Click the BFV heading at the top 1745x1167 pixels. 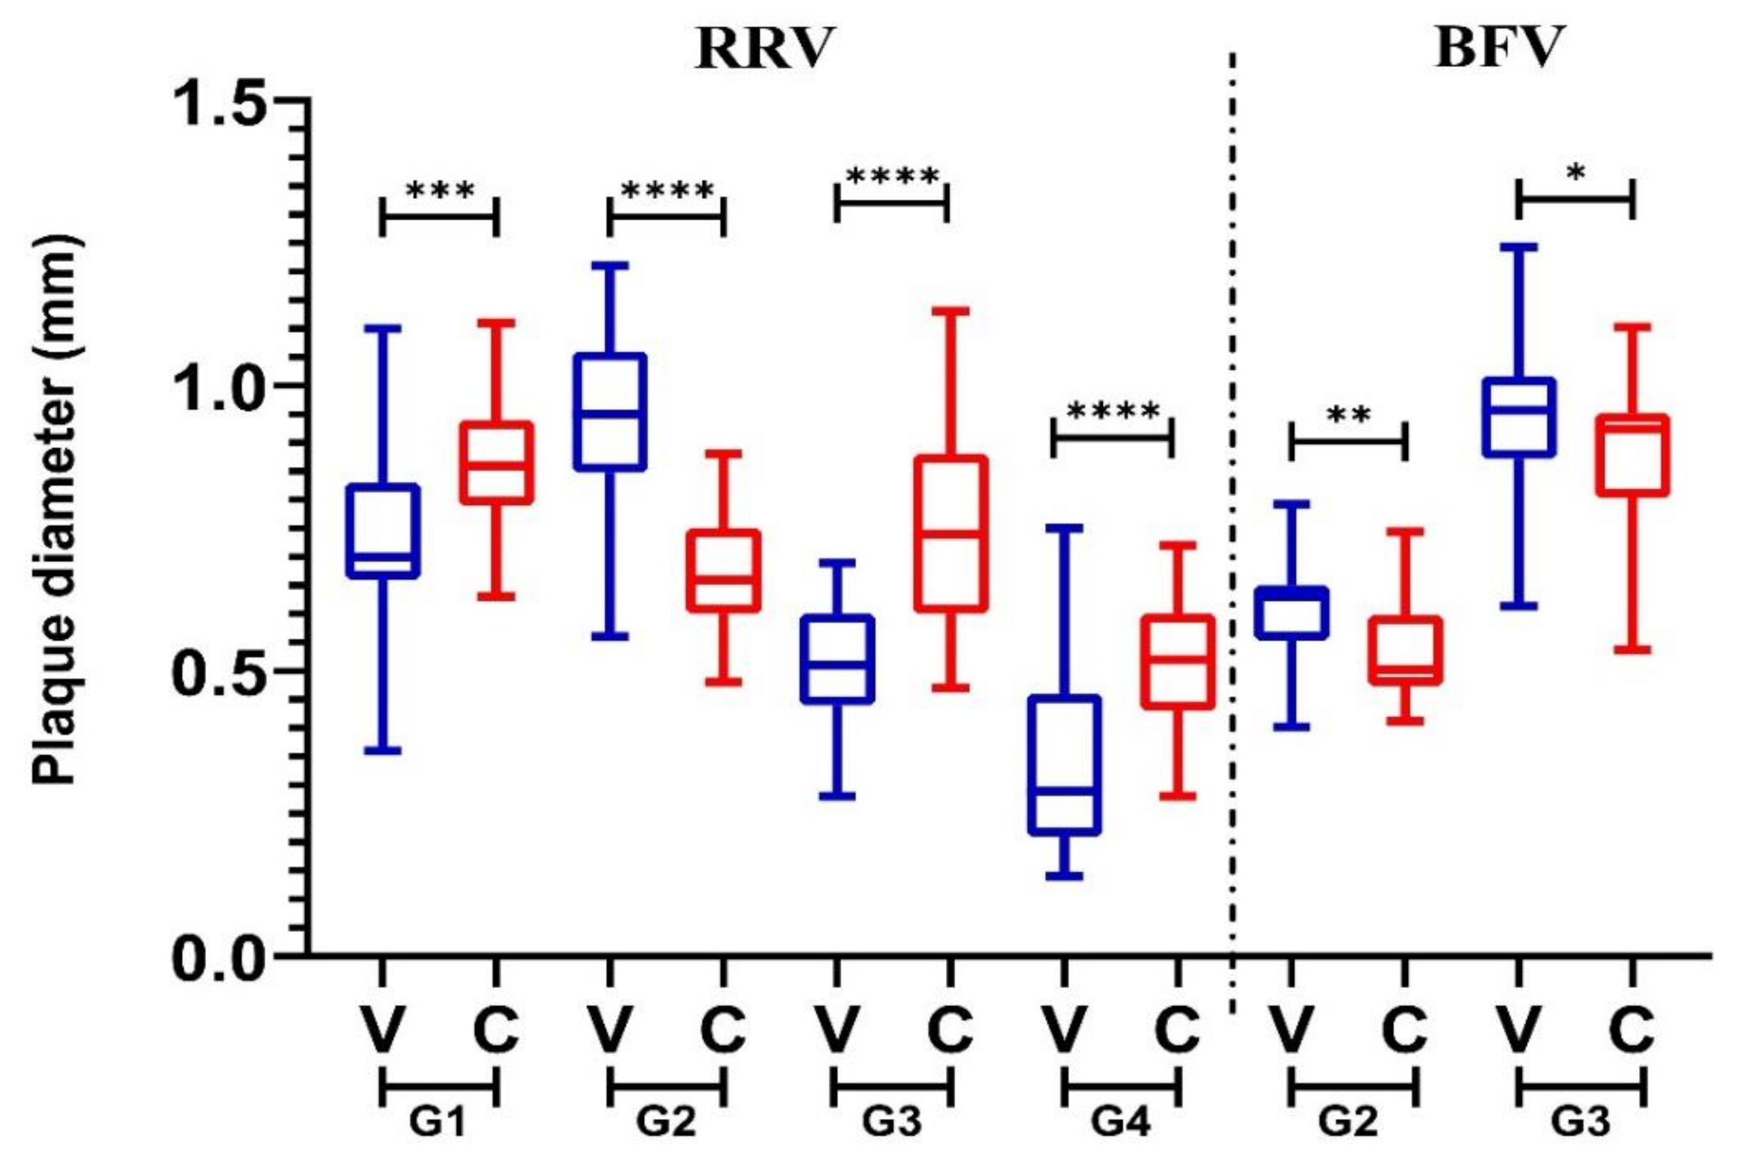pyautogui.click(x=1499, y=48)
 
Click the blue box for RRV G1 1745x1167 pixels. pyautogui.click(x=383, y=531)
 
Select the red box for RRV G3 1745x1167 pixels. pyautogui.click(x=950, y=534)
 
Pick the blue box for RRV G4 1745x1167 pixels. pyautogui.click(x=1064, y=764)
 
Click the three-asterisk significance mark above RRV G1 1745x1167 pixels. pyautogui.click(x=439, y=192)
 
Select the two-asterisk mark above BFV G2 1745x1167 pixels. pyautogui.click(x=1348, y=415)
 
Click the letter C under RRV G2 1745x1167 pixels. pyautogui.click(x=722, y=1030)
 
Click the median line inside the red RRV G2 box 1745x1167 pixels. pyautogui.click(x=723, y=578)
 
